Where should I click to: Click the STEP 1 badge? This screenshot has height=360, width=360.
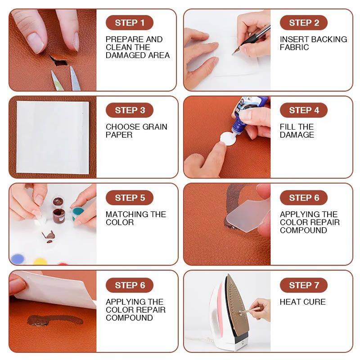130,23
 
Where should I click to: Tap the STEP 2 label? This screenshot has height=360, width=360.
304,23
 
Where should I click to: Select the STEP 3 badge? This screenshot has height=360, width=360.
130,110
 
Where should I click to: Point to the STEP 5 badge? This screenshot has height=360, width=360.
130,198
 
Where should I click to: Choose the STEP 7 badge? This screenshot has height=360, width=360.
304,285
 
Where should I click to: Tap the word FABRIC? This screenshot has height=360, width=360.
294,47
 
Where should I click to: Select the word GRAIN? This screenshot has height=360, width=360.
155,127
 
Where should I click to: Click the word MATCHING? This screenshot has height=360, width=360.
127,214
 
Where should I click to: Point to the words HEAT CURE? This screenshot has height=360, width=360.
302,301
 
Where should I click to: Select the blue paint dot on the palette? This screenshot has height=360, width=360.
18,259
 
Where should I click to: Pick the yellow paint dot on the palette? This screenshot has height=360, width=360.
40,261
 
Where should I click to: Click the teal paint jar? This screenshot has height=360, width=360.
77,213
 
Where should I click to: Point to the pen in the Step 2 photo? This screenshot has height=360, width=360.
252,39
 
